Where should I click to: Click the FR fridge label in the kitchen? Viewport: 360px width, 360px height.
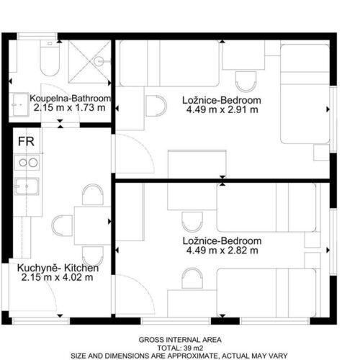point(26,141)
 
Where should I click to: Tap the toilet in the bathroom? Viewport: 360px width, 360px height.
point(50,58)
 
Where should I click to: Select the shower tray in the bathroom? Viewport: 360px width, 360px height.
point(90,62)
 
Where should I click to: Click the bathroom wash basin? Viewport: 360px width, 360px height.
point(21,104)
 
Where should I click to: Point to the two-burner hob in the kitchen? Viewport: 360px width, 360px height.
point(27,163)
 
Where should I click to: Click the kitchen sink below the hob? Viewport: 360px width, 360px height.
point(27,186)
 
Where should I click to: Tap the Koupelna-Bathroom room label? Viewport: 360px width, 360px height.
point(71,98)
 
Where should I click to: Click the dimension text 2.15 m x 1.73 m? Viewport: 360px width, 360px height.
point(69,107)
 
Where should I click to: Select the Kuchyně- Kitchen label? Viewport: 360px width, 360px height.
point(58,268)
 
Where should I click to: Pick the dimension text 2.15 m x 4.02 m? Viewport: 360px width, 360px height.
point(57,277)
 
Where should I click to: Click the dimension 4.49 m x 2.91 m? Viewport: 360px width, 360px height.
point(222,109)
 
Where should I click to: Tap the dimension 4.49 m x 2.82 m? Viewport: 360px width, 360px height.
point(222,251)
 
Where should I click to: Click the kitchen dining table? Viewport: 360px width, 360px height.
point(92,225)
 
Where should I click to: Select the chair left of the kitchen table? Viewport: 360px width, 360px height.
point(62,225)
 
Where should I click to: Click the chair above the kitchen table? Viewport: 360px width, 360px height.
point(93,194)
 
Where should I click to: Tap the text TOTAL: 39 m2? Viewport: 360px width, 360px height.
point(180,348)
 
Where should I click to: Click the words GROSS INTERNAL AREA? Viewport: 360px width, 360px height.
point(180,340)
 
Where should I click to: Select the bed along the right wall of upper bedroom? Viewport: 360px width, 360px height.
point(305,94)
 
